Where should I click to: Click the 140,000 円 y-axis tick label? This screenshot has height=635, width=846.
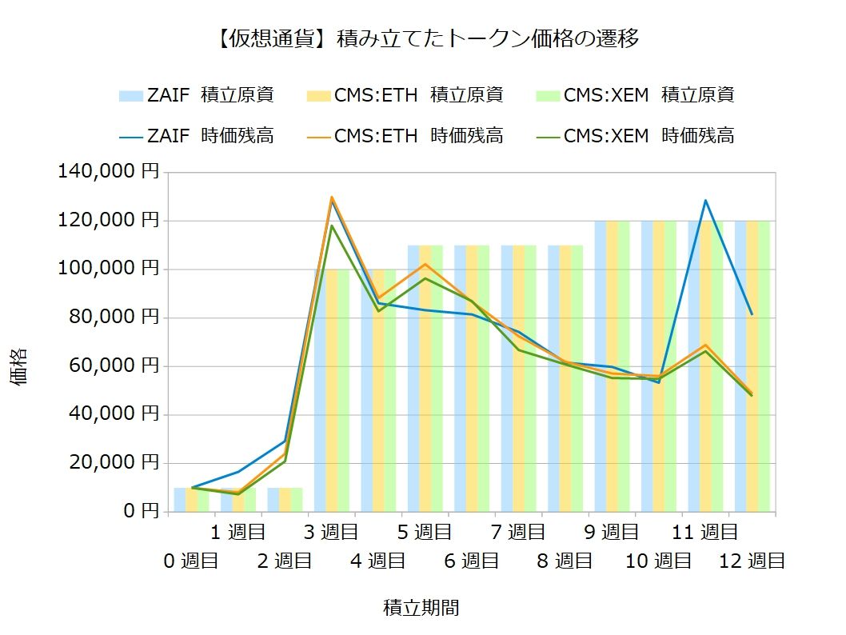coord(109,171)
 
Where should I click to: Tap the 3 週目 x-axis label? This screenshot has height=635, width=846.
coord(332,532)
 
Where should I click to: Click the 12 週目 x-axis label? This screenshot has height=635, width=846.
coord(752,561)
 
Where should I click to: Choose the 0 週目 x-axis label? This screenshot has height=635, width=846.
coord(191,561)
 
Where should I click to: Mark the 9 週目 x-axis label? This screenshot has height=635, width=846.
coord(612,532)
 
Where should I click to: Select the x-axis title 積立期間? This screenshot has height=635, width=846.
coord(421,608)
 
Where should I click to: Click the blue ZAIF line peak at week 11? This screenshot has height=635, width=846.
coord(705,200)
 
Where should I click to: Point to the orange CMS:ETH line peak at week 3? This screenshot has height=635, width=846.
coord(331,197)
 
